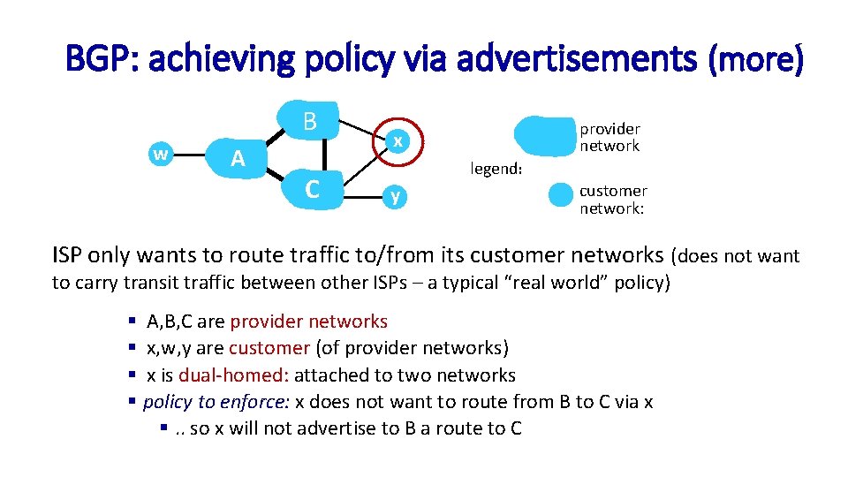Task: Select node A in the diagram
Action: (x=237, y=158)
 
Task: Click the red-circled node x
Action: (x=399, y=141)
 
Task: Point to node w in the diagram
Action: (x=160, y=154)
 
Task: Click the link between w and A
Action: (x=189, y=155)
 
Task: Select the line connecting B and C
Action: (x=325, y=155)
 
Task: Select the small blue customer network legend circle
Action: (x=560, y=194)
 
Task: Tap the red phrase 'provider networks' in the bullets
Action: (x=309, y=322)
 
